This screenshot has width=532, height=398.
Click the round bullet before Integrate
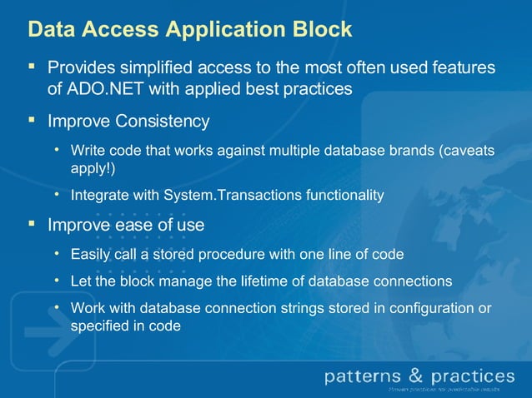(x=57, y=195)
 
